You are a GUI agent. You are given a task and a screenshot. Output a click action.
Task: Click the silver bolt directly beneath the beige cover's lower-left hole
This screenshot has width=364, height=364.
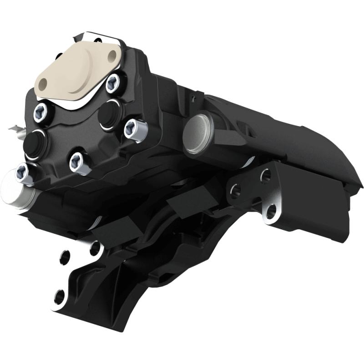40,111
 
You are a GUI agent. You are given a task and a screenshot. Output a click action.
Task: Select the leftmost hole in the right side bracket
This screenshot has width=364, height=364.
235,190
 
